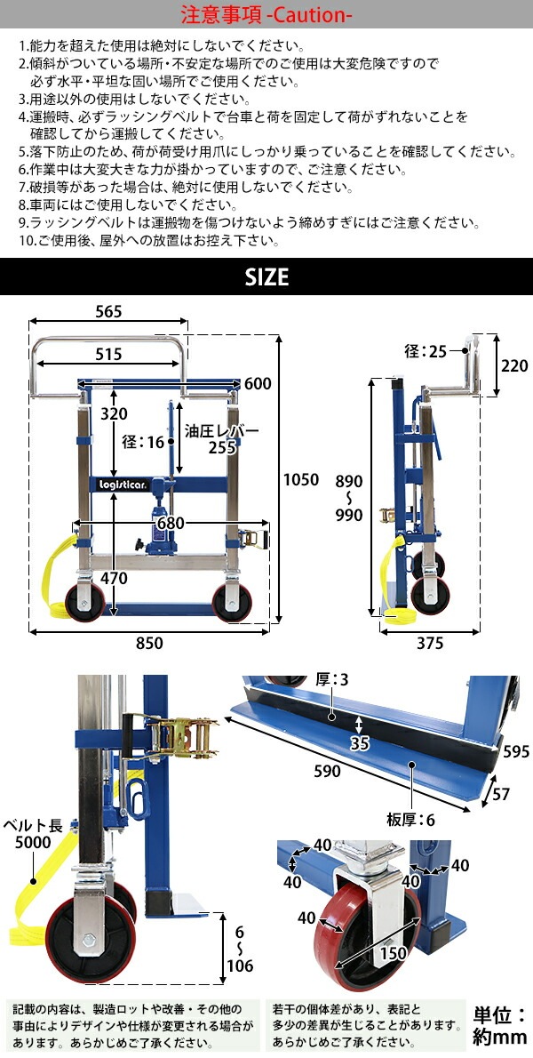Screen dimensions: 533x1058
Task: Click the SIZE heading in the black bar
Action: click(266, 277)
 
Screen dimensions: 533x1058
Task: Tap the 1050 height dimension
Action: click(300, 480)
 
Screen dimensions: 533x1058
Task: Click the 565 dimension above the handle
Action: click(108, 311)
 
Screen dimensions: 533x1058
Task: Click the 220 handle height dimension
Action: click(515, 365)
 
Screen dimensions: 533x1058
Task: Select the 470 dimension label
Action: click(113, 578)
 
